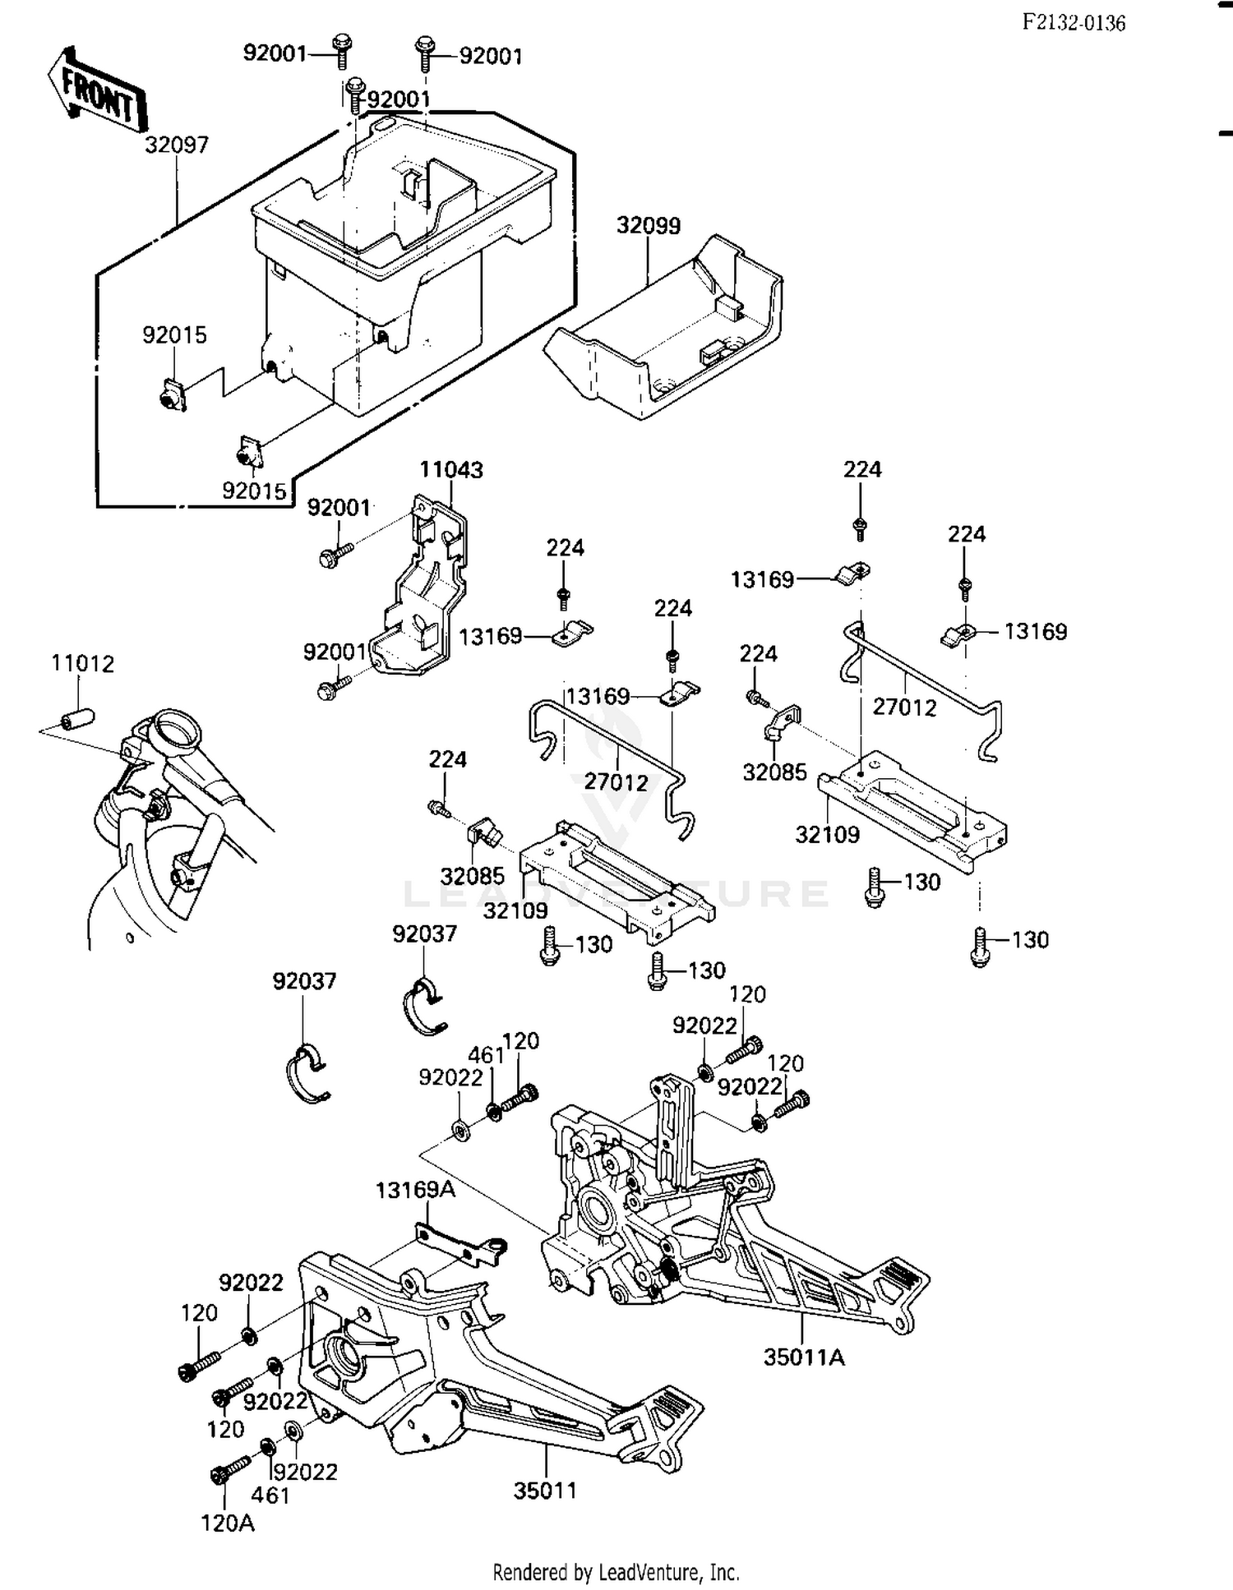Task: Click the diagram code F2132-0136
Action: click(x=1074, y=23)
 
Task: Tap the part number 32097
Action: click(x=177, y=145)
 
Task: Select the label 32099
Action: click(x=649, y=225)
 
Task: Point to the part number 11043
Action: click(x=451, y=470)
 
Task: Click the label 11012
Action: click(x=83, y=663)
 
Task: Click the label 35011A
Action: click(x=803, y=1357)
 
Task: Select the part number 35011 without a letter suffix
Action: click(x=545, y=1490)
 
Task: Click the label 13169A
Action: click(x=415, y=1189)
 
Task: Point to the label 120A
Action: click(x=228, y=1523)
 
